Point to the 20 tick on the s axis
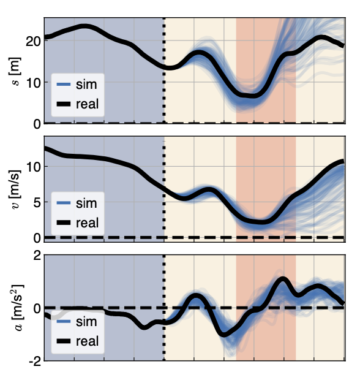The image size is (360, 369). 32,40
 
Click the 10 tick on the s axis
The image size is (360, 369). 32,82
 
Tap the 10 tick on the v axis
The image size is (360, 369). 32,166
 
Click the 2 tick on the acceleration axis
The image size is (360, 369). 36,255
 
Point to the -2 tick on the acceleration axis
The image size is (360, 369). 34,360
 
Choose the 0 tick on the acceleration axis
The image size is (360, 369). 36,308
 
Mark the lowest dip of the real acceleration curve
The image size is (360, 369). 225,334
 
